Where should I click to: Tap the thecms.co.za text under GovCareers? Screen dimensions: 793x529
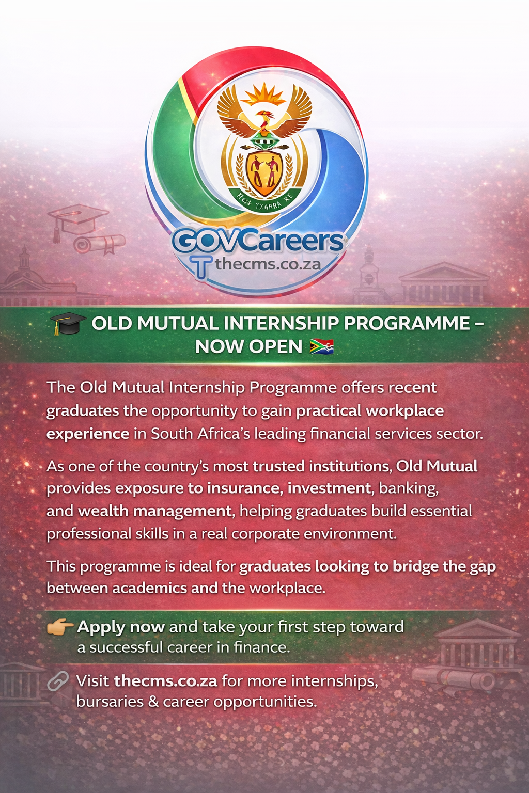pyautogui.click(x=268, y=264)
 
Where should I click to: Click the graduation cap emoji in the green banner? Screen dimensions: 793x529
pyautogui.click(x=68, y=324)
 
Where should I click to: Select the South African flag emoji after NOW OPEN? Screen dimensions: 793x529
pyautogui.click(x=321, y=346)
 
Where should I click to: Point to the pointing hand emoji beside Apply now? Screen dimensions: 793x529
pyautogui.click(x=59, y=627)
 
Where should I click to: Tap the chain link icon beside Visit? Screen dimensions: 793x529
pyautogui.click(x=58, y=681)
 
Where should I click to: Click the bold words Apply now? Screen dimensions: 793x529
pyautogui.click(x=121, y=627)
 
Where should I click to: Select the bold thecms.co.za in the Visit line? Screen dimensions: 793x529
pyautogui.click(x=165, y=681)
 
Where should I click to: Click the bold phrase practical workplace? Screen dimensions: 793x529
pyautogui.click(x=370, y=410)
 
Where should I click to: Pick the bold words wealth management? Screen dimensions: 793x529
pyautogui.click(x=154, y=511)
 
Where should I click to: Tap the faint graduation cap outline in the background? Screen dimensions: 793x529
pyautogui.click(x=77, y=219)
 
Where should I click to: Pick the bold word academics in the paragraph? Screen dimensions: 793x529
pyautogui.click(x=149, y=589)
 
